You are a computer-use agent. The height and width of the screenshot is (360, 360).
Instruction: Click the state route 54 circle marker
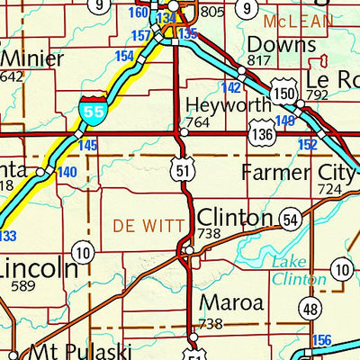(x=289, y=220)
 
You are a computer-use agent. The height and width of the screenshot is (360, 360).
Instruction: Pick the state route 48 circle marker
(x=310, y=309)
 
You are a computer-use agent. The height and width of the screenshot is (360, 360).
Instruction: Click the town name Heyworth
(x=229, y=104)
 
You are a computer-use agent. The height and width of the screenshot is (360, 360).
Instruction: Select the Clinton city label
(x=234, y=218)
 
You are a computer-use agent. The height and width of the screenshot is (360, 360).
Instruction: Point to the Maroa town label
(x=231, y=303)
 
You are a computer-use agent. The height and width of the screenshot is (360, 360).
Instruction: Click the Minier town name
(x=32, y=59)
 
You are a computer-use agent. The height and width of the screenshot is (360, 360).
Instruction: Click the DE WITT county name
(x=144, y=219)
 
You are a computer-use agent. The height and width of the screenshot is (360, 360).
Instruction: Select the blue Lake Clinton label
(x=294, y=270)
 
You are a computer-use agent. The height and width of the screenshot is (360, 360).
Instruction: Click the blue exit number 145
(x=87, y=145)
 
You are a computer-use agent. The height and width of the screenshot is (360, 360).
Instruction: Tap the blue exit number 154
(x=124, y=56)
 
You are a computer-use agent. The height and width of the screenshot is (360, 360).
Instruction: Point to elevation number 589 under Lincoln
(x=28, y=285)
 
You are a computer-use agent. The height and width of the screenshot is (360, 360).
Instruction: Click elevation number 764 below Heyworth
(x=197, y=121)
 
